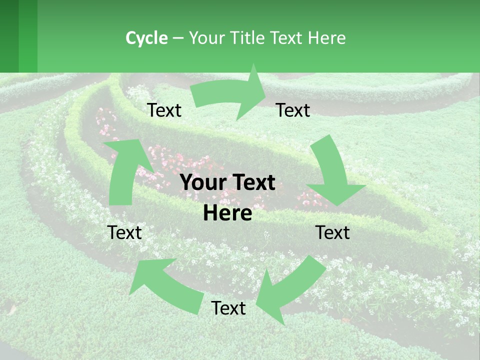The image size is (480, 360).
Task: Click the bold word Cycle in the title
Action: pos(146,38)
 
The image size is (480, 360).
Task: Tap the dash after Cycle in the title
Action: pos(178,38)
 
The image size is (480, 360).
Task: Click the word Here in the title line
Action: pos(328,38)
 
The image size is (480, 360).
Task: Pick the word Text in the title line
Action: pos(288,38)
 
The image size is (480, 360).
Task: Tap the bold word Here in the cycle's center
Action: pos(227,213)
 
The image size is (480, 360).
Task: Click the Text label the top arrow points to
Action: pos(293,110)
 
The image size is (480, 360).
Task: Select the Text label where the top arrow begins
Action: pos(164,110)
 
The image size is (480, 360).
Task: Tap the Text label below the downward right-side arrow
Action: pos(332,232)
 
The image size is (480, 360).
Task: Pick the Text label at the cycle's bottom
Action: pos(228,308)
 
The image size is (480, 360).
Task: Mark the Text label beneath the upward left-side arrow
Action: pos(124,232)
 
